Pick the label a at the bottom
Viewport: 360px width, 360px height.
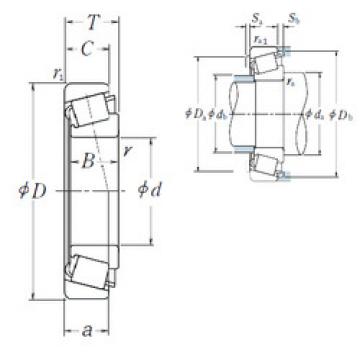click(87, 327)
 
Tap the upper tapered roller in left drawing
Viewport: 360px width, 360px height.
click(90, 106)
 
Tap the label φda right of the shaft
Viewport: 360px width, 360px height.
click(314, 113)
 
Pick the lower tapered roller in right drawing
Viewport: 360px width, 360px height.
click(265, 162)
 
